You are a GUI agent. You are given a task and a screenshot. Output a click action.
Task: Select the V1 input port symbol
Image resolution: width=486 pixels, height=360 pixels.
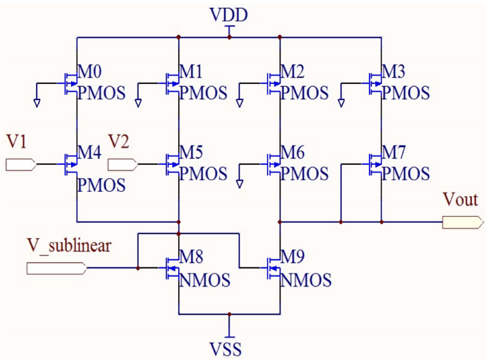[21, 165]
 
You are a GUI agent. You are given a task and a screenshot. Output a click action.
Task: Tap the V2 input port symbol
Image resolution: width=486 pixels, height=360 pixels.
[122, 165]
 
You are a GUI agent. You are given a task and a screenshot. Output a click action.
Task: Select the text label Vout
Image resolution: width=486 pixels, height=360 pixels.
[460, 200]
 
